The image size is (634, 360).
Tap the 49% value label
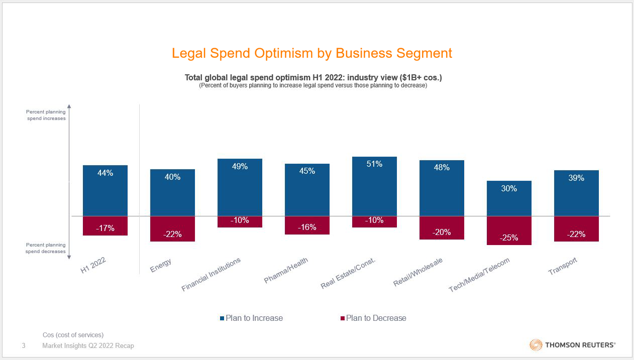coord(240,167)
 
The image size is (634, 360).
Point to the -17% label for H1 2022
coord(105,228)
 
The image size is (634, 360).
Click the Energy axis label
coord(161,266)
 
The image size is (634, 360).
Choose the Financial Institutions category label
coord(211,275)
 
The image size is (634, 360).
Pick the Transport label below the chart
coord(563,266)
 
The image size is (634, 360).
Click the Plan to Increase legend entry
coord(251,318)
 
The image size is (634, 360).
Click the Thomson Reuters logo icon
coord(536,345)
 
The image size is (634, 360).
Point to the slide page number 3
coord(24,345)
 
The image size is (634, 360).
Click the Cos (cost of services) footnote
coord(73,335)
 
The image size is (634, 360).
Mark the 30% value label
coord(509,189)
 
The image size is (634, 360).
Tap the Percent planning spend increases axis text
coord(46,115)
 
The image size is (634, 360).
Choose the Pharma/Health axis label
coord(286,270)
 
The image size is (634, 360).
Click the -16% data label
coord(307,227)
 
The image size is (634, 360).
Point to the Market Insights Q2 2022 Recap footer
coord(88,345)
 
